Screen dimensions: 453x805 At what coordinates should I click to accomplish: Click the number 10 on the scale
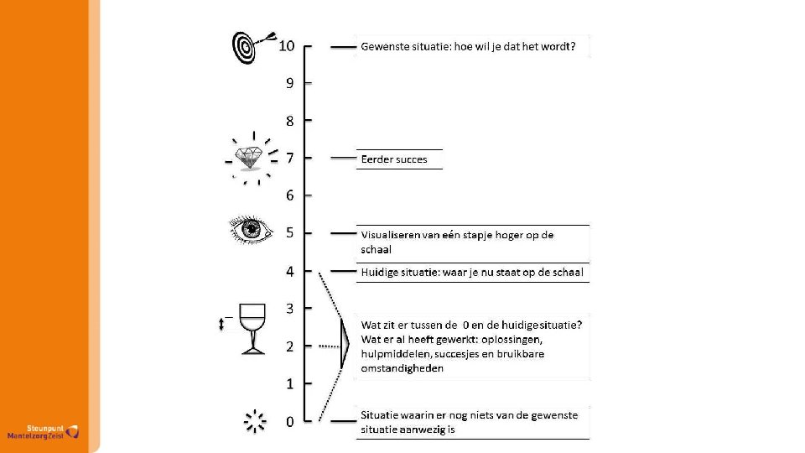click(x=287, y=45)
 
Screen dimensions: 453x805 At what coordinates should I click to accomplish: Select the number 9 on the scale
click(x=289, y=83)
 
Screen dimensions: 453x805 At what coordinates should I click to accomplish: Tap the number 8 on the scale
click(x=289, y=121)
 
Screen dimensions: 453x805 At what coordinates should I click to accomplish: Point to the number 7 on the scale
click(x=289, y=158)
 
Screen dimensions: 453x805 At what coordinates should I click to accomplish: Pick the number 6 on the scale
click(x=289, y=195)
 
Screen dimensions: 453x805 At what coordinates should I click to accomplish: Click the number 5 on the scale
click(x=289, y=233)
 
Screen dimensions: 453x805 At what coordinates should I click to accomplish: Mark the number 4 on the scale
click(x=289, y=271)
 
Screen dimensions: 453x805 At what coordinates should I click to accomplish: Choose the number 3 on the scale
click(x=289, y=309)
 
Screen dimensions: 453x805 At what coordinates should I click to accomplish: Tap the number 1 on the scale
click(x=289, y=384)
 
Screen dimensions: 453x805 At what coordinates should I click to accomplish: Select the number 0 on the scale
click(x=289, y=422)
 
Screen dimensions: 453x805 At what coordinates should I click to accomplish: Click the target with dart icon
click(x=251, y=46)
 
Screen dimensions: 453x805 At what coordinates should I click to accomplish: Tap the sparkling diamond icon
click(x=249, y=158)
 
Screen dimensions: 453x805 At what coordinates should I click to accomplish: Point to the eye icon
click(x=251, y=229)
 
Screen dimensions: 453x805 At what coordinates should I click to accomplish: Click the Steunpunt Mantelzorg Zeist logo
click(x=42, y=431)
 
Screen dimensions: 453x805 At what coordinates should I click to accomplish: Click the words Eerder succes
click(x=393, y=159)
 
